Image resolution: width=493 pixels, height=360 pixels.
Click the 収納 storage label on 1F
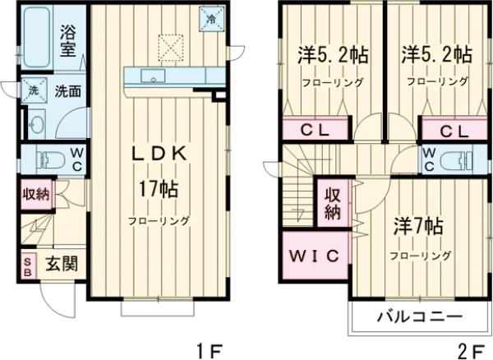point(35,196)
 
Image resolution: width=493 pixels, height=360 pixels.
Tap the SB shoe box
point(26,267)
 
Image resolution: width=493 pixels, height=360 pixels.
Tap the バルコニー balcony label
point(420,316)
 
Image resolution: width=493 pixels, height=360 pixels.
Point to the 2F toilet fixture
point(454,160)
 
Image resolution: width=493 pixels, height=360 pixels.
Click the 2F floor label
point(470,348)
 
